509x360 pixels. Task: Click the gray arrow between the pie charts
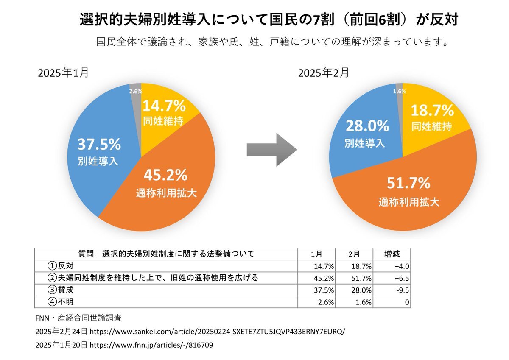coord(271,150)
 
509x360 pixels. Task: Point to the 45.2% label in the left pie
coord(165,175)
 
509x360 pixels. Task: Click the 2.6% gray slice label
coord(135,91)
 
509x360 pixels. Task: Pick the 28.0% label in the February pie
coord(367,126)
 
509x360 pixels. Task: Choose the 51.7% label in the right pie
coord(408,183)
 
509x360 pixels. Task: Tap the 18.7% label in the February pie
coord(432,111)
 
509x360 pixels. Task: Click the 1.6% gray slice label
coord(400,91)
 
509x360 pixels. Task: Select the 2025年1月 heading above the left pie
coord(63,73)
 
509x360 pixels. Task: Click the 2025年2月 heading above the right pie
coord(324,73)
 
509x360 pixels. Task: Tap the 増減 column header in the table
coord(392,254)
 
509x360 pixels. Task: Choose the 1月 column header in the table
coord(316,254)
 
